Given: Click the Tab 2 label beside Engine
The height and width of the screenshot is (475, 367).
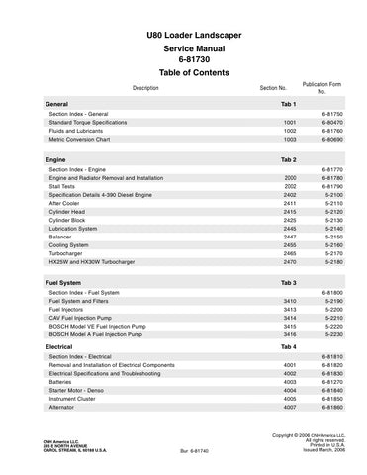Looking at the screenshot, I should [x=288, y=159].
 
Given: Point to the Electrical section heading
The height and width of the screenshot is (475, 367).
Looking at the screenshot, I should [x=64, y=347].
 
